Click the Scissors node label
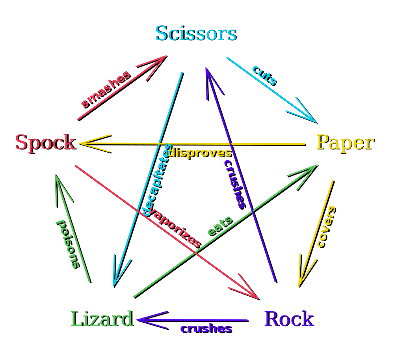point(195,34)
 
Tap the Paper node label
point(344,142)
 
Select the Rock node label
point(288,319)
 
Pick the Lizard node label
point(101,319)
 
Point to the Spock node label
point(45,142)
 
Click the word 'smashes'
point(105,89)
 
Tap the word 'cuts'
point(264,75)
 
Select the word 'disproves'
point(199,153)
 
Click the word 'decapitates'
point(157,180)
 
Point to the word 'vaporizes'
point(176,228)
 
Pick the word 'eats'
point(219,226)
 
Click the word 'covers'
point(326,226)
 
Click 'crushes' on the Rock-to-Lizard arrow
point(205,328)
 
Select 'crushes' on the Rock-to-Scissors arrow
point(234,184)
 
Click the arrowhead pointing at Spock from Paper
point(85,143)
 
